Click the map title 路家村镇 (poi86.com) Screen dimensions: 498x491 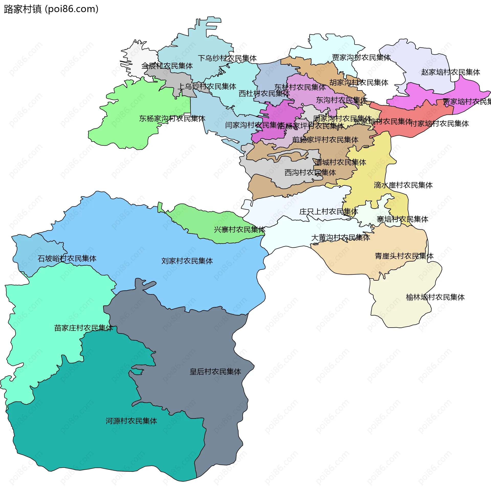pos(51,9)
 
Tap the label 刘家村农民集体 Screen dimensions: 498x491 pos(187,261)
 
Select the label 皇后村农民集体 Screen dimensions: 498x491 pos(215,372)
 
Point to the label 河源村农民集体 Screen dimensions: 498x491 pos(131,421)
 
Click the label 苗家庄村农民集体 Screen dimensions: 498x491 pos(84,328)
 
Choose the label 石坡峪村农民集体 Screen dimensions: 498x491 pos(67,258)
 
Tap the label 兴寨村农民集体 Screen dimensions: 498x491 pos(239,229)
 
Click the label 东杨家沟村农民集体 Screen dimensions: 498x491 pos(172,119)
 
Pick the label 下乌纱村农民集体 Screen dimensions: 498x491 pos(227,58)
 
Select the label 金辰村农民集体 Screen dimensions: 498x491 pos(167,66)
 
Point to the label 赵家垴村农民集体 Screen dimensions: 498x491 pos(451,72)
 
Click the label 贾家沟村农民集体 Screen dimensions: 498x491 pos(361,57)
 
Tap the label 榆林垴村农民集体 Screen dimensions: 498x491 pos(435,297)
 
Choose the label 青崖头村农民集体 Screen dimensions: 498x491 pos(404,256)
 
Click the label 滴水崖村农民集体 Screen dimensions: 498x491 pos(403,185)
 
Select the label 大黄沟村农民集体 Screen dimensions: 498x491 pos(340,238)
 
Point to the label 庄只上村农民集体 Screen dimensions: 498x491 pos(329,212)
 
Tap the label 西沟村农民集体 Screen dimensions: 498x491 pos(310,173)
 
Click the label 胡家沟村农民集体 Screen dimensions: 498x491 pos(359,83)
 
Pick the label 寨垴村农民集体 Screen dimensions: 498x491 pos(402,219)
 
